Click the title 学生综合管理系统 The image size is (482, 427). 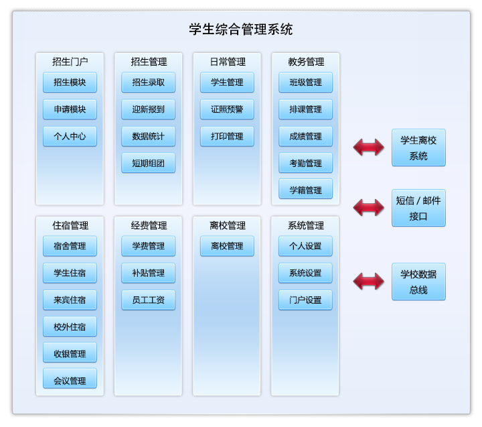(x=241, y=29)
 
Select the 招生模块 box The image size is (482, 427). (x=70, y=82)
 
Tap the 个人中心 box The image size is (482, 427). (x=70, y=136)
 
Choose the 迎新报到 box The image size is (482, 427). (x=148, y=109)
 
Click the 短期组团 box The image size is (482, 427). (x=148, y=163)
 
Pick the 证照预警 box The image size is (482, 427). (x=227, y=109)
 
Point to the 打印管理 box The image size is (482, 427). (x=227, y=136)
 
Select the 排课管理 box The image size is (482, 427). (x=305, y=109)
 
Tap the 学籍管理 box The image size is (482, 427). (x=305, y=190)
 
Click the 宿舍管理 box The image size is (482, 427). (x=70, y=246)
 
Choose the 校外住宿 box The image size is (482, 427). (x=70, y=326)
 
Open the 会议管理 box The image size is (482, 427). (x=70, y=380)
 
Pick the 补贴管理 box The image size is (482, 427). (x=148, y=273)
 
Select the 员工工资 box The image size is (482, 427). (x=148, y=300)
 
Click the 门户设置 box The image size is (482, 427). (x=305, y=300)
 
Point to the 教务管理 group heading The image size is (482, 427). (x=305, y=62)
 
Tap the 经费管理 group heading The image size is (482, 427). (x=148, y=225)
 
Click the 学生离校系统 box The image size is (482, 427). (x=418, y=147)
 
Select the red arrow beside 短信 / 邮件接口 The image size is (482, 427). (x=369, y=208)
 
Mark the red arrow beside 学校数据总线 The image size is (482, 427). (x=369, y=282)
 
